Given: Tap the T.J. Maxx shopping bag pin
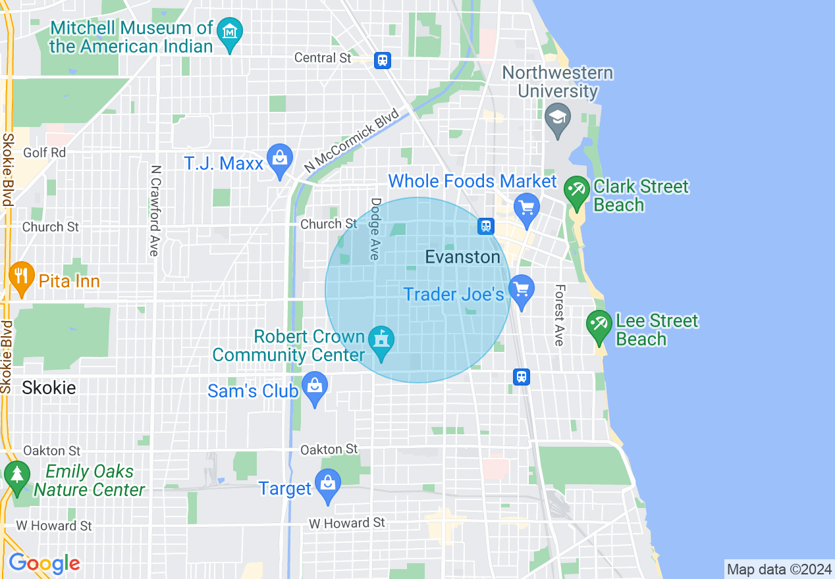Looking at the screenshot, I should pyautogui.click(x=281, y=160).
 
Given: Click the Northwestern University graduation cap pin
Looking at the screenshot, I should pyautogui.click(x=558, y=119).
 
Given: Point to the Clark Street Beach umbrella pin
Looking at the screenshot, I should pyautogui.click(x=577, y=192).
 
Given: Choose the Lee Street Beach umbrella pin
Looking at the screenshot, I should pyautogui.click(x=599, y=326).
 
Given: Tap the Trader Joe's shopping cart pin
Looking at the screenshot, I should pyautogui.click(x=522, y=290).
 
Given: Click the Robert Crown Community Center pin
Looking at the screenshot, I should pyautogui.click(x=381, y=342).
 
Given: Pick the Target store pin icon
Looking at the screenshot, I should pyautogui.click(x=327, y=485).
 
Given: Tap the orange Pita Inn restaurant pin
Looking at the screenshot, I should pyautogui.click(x=22, y=278).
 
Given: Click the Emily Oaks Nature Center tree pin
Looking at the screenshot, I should pyautogui.click(x=16, y=476).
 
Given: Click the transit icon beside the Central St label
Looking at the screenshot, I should pyautogui.click(x=382, y=60).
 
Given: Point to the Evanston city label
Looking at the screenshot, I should pyautogui.click(x=462, y=257).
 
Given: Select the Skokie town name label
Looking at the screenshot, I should pyautogui.click(x=49, y=388).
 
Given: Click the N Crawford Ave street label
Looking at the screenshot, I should pyautogui.click(x=155, y=210).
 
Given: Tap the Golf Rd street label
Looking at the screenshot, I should pyautogui.click(x=44, y=153).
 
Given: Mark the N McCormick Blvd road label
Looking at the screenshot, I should pyautogui.click(x=352, y=139).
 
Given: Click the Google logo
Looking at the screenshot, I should pyautogui.click(x=44, y=563).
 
